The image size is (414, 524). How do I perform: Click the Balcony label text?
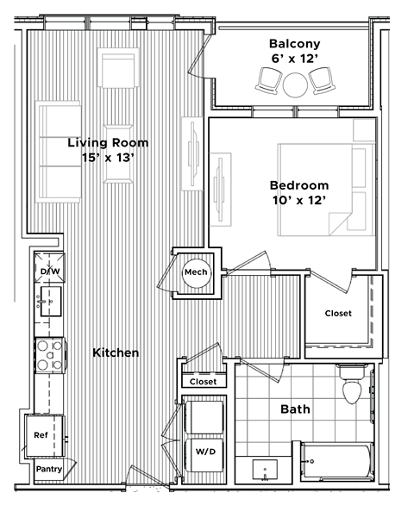[294, 43]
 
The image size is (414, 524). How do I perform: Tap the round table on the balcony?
[295, 84]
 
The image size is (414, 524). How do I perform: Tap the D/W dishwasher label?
[49, 272]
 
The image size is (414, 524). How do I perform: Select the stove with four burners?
[51, 353]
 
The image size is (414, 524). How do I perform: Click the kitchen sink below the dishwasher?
[49, 302]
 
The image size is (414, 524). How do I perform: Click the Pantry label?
[48, 469]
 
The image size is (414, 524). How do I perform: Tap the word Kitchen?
[116, 352]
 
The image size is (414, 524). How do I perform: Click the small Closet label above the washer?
[204, 381]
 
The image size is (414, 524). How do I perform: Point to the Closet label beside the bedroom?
[338, 313]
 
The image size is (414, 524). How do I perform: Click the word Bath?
[296, 409]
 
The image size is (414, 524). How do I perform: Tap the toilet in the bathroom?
[351, 388]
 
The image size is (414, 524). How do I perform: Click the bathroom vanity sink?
[263, 471]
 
